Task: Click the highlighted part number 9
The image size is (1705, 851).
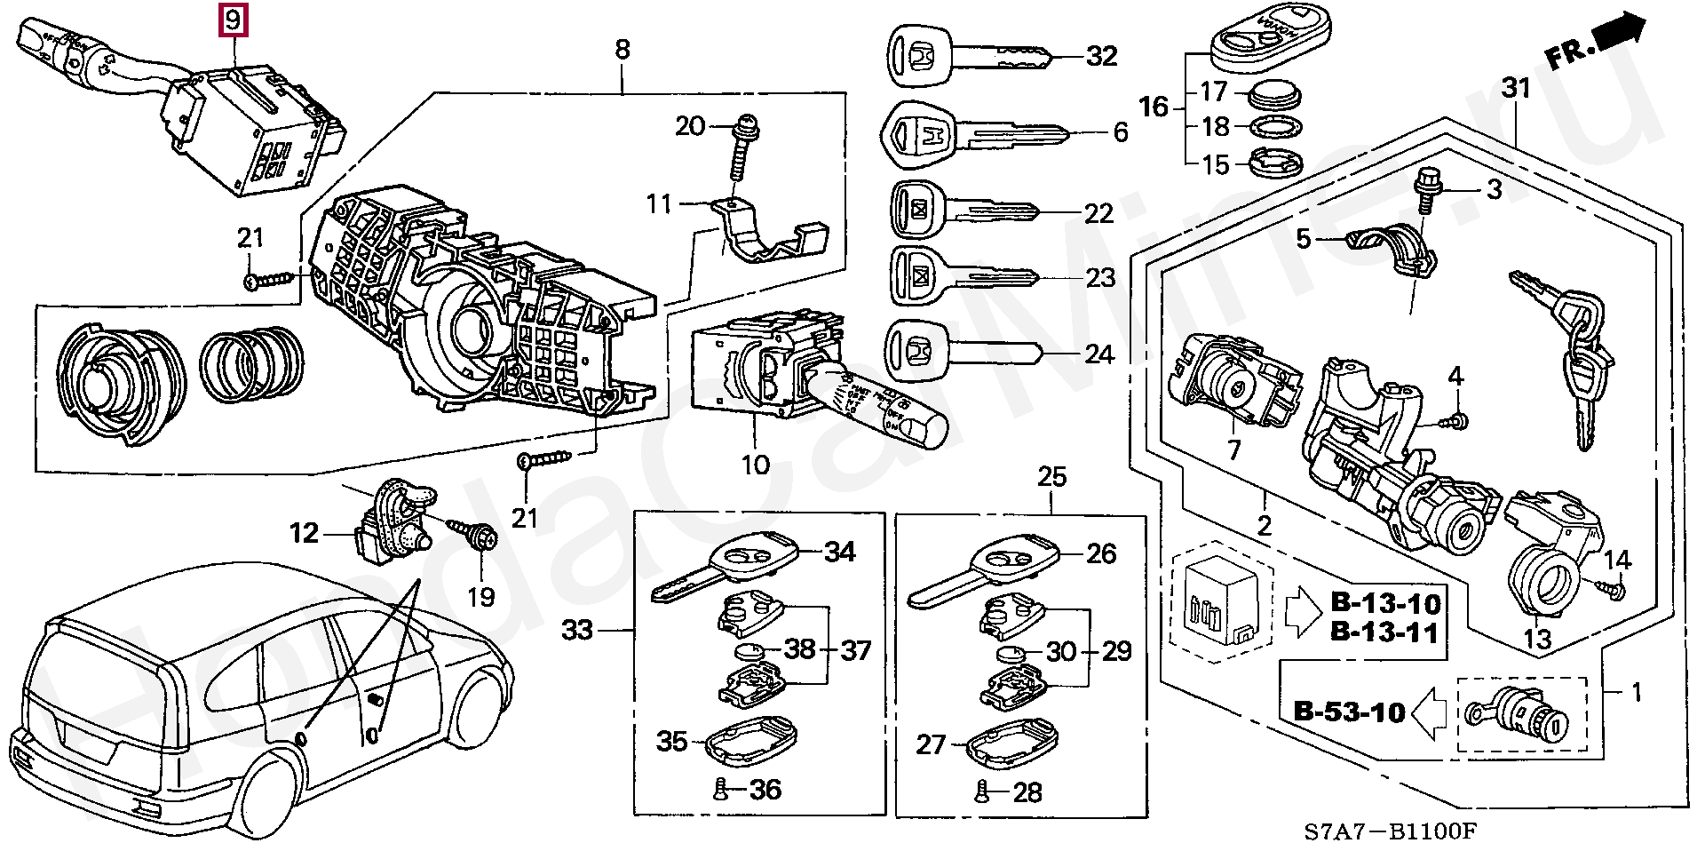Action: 233,20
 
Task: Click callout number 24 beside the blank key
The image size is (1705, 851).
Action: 1099,354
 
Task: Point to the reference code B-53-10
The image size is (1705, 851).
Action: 1349,711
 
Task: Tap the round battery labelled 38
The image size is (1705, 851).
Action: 750,651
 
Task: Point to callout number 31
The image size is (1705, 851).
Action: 1517,88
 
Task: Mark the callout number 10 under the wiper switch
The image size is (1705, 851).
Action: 756,465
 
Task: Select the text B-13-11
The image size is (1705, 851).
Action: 1384,632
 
